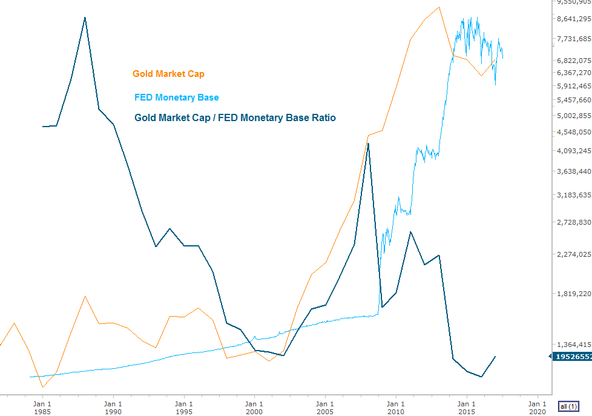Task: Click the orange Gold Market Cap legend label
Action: pyautogui.click(x=168, y=74)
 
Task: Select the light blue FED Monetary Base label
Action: pyautogui.click(x=176, y=97)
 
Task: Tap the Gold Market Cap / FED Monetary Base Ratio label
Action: pyautogui.click(x=235, y=117)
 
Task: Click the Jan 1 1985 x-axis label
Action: pyautogui.click(x=42, y=407)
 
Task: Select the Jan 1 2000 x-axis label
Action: pyautogui.click(x=254, y=407)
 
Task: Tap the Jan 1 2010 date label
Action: pyautogui.click(x=396, y=407)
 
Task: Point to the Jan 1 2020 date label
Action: pyautogui.click(x=537, y=407)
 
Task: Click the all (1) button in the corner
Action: pyautogui.click(x=568, y=406)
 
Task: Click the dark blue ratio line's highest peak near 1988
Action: pyautogui.click(x=85, y=18)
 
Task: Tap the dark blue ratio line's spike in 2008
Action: pyautogui.click(x=368, y=144)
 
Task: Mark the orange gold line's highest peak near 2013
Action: pyautogui.click(x=439, y=7)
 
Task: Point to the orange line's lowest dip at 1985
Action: pyautogui.click(x=42, y=386)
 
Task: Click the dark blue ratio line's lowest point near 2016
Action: pyautogui.click(x=481, y=377)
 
